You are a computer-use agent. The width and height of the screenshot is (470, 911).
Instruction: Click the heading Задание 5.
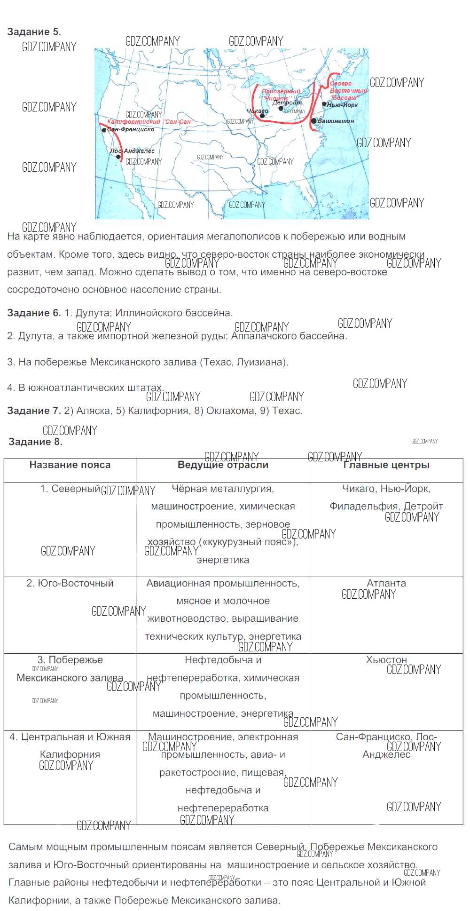(x=34, y=32)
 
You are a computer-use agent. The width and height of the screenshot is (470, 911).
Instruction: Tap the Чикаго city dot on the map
(x=262, y=116)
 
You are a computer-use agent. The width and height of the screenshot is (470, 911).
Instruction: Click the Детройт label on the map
(x=287, y=103)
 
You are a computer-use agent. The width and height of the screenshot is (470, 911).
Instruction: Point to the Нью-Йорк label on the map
(x=343, y=104)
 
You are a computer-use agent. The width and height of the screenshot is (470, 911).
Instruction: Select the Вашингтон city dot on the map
(x=313, y=121)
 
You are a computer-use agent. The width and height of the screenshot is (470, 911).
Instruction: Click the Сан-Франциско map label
(x=131, y=129)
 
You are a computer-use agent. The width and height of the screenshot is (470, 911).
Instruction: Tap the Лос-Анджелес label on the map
(x=133, y=151)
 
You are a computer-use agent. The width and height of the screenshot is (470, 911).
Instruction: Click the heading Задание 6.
(x=34, y=313)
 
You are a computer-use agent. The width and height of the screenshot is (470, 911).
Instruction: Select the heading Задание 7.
(x=34, y=411)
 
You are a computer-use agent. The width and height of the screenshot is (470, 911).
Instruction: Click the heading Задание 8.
(x=35, y=442)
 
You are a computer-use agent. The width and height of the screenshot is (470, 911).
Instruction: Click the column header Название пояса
(x=70, y=465)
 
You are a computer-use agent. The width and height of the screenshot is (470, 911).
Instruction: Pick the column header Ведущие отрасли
(x=223, y=465)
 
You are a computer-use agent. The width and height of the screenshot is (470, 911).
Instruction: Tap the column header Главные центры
(x=386, y=465)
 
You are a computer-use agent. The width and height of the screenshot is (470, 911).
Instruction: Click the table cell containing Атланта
(x=386, y=583)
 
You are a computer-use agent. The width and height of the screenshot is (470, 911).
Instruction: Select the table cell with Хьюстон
(x=386, y=660)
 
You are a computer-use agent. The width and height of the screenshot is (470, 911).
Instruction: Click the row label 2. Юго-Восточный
(x=70, y=583)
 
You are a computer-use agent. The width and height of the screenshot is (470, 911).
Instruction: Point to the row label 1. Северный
(x=70, y=489)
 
